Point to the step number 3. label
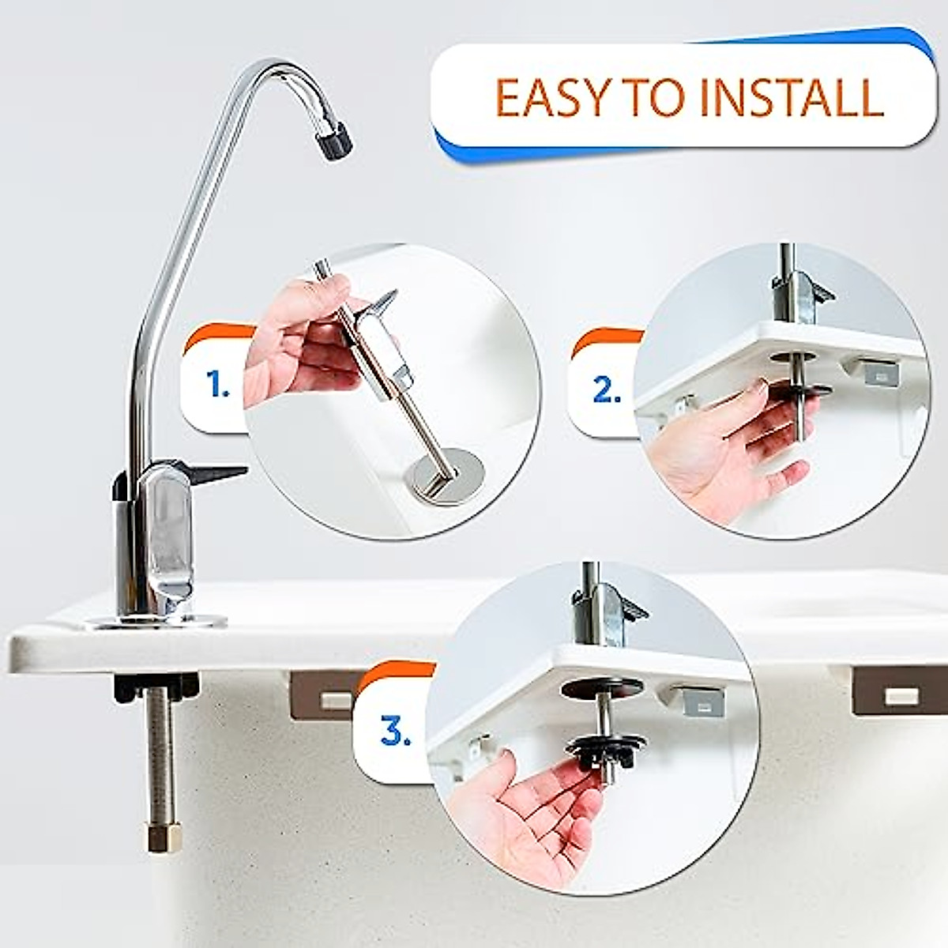pyautogui.click(x=395, y=731)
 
